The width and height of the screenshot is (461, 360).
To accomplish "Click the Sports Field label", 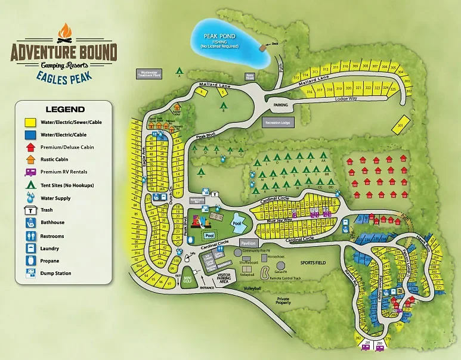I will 313,262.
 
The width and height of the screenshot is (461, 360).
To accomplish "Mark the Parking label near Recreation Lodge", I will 280,105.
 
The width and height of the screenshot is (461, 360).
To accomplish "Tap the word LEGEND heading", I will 64,109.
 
